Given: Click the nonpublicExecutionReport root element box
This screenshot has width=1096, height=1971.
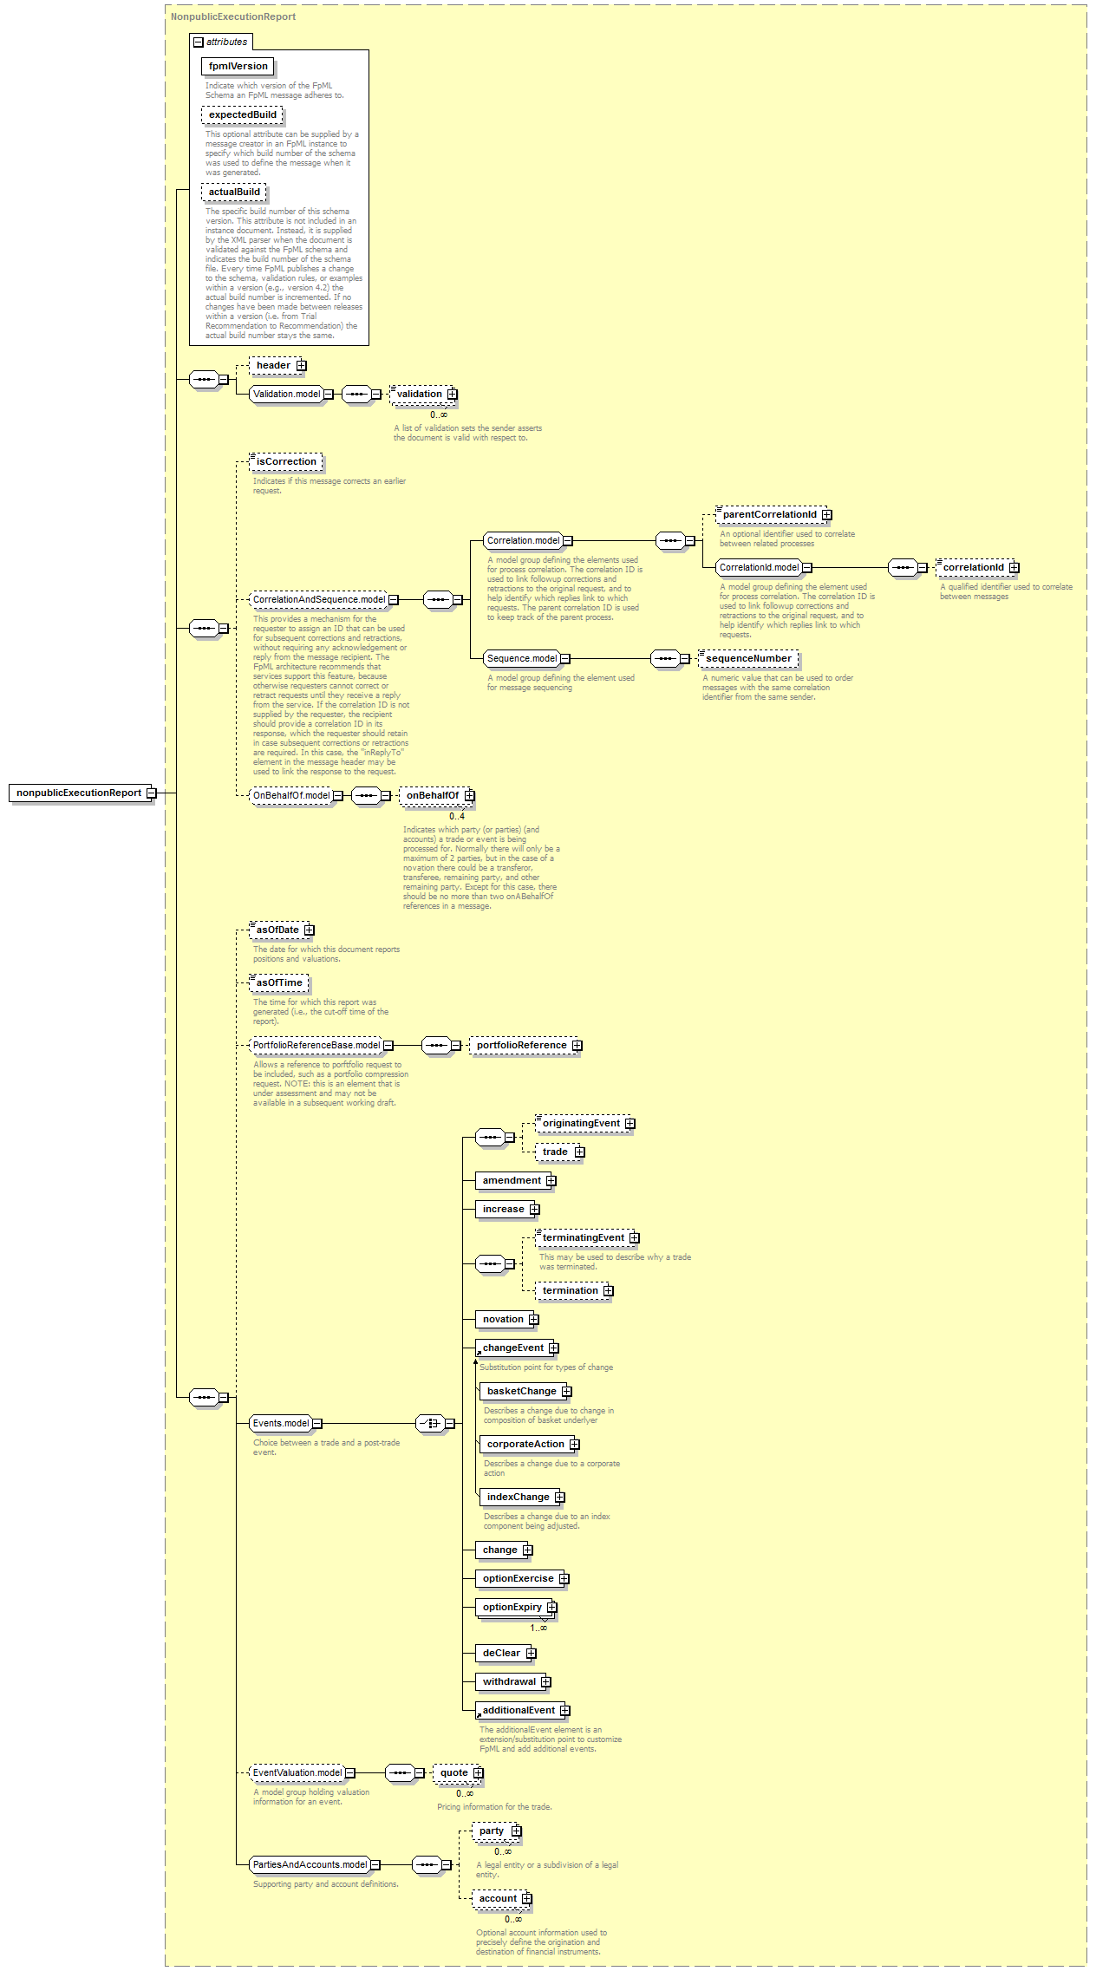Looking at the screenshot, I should (x=79, y=793).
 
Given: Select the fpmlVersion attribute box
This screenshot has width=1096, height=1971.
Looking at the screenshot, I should (x=238, y=66).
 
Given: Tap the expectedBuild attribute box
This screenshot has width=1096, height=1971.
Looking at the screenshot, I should (x=242, y=114).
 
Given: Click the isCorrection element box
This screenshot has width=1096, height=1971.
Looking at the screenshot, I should (x=286, y=462).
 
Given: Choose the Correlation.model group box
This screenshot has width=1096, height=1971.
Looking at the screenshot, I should (x=523, y=540).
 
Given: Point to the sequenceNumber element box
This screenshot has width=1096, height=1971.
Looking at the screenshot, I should (x=748, y=659).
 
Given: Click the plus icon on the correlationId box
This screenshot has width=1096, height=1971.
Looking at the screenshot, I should (x=1014, y=568).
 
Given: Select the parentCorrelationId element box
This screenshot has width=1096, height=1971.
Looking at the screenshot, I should (x=769, y=515).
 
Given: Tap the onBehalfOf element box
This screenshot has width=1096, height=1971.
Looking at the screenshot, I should (x=432, y=796).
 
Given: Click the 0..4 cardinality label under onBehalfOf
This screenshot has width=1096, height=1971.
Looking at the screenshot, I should (x=457, y=816).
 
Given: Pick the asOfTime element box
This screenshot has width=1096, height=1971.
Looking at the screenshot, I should (x=278, y=983).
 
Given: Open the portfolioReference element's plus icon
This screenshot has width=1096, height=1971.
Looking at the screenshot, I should (x=577, y=1046).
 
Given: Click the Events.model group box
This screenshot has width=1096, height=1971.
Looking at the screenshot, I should (x=281, y=1423).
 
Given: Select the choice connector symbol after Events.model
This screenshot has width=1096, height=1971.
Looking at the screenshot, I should (x=430, y=1423).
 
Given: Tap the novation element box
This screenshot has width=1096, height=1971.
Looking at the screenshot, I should (x=503, y=1320).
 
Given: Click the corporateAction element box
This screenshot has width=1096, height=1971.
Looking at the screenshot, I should (x=525, y=1445).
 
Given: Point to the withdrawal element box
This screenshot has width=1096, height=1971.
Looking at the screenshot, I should (x=509, y=1682).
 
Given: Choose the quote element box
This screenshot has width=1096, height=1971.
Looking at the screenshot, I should (x=453, y=1773).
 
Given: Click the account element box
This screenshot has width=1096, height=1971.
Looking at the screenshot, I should (x=498, y=1899).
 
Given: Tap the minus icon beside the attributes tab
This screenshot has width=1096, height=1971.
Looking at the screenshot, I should (x=199, y=42).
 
